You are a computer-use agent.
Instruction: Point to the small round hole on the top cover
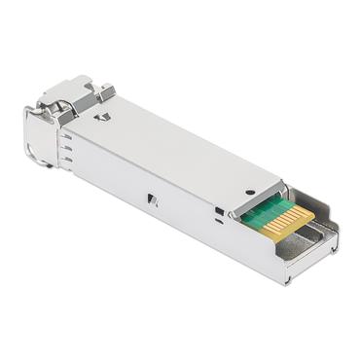(250, 192)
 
